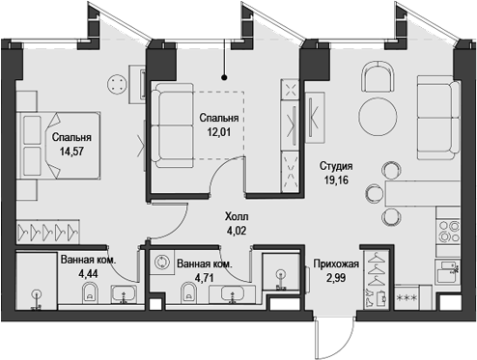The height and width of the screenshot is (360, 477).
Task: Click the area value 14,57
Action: (x=71, y=152)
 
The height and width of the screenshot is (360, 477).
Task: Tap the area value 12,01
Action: (x=219, y=134)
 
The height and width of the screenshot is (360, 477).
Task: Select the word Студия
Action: (x=336, y=165)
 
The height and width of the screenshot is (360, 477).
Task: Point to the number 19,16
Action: (x=336, y=180)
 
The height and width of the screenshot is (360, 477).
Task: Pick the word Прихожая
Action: (x=337, y=263)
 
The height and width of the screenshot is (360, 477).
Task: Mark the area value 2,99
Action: (x=337, y=278)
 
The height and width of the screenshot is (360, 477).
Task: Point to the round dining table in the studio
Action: (x=378, y=116)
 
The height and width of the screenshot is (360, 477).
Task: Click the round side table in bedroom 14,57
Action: (x=118, y=84)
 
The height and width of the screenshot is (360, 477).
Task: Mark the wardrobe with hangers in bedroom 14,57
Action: (x=48, y=232)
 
